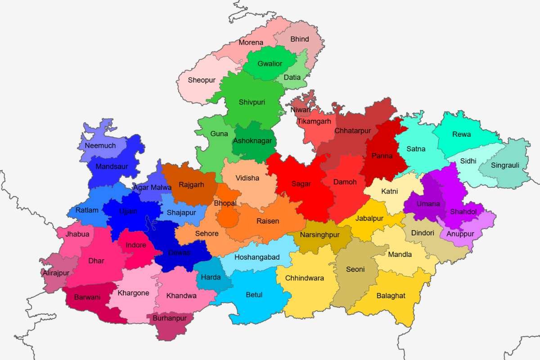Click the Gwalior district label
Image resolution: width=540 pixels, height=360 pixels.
pos(270,64)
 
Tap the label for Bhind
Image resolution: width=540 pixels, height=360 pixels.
pos(300,40)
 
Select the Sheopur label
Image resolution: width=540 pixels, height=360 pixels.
pos(202,81)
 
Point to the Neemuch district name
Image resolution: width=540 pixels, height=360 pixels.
pos(100,146)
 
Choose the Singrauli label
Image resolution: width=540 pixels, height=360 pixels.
pos(505,166)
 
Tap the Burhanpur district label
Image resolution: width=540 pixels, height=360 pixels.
pos(170,318)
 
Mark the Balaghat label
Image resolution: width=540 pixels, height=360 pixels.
pos(391,296)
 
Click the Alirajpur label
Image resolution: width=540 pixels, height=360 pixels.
pos(56,273)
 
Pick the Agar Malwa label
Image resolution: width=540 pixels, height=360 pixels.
pos(152,187)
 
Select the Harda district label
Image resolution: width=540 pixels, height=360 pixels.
pos(211,277)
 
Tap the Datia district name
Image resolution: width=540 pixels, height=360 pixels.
pos(292,77)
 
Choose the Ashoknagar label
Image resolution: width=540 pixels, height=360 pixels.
pos(252,141)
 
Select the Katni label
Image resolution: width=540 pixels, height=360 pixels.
pos(389,192)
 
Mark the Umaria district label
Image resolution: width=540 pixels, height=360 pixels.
pos(428,204)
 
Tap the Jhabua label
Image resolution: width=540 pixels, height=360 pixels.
pos(77,234)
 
